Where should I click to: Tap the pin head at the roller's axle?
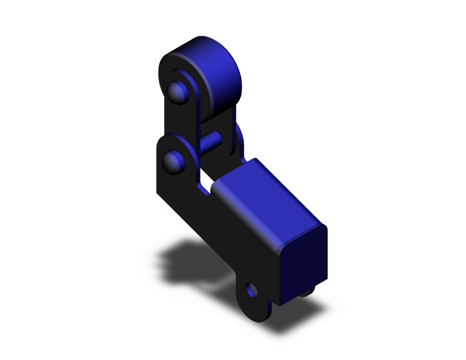pos(177,93)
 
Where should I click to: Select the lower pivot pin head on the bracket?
pos(172,161)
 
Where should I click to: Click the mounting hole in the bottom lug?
pos(252,291)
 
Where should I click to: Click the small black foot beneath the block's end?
pos(307,292)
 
